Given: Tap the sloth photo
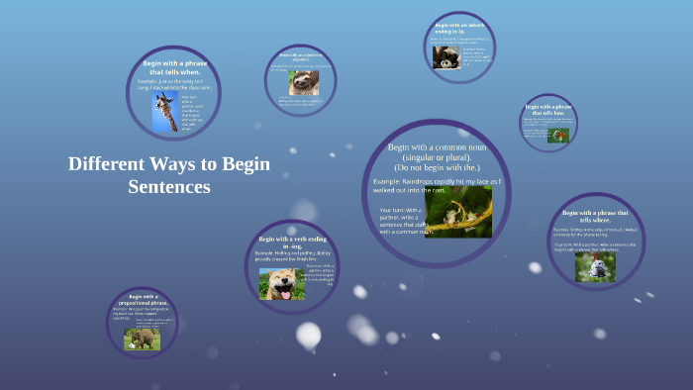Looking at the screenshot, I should pyautogui.click(x=304, y=82).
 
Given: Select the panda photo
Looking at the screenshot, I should pyautogui.click(x=445, y=58).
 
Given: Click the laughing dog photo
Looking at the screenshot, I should pyautogui.click(x=282, y=283).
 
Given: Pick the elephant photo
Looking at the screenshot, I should pyautogui.click(x=142, y=338).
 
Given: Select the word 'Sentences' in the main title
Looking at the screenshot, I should pyautogui.click(x=170, y=186).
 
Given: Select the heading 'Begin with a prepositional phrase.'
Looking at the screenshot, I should pyautogui.click(x=142, y=300).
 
